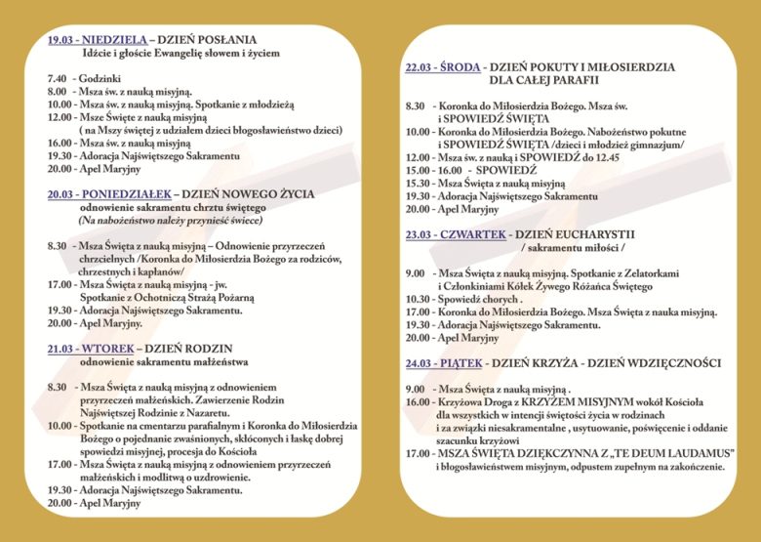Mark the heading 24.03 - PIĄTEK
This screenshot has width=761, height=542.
[443, 363]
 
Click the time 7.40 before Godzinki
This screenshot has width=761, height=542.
[57, 76]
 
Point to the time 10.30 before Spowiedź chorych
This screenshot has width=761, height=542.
[418, 299]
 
